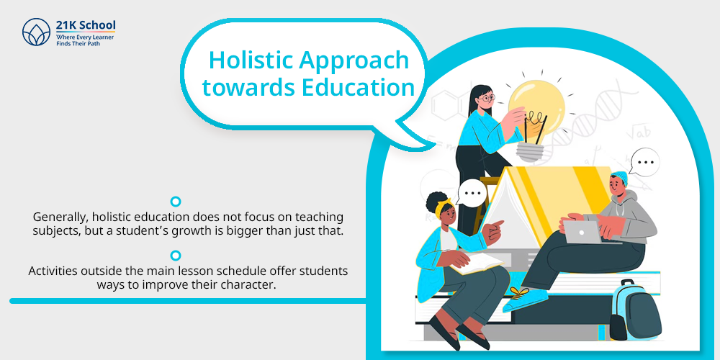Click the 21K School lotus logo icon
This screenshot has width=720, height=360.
click(x=36, y=32)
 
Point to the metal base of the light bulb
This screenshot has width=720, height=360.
click(x=531, y=151)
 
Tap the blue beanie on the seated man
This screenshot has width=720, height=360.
click(x=619, y=177)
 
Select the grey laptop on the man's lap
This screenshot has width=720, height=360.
click(x=582, y=232)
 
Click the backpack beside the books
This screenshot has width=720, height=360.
click(x=636, y=310)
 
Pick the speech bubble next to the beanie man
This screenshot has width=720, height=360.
click(x=644, y=162)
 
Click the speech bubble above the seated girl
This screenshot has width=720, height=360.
click(x=472, y=193)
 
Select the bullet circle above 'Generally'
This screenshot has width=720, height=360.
click(x=176, y=202)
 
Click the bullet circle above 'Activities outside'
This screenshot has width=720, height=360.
click(x=176, y=256)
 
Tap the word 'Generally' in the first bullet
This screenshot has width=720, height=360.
click(x=56, y=217)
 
